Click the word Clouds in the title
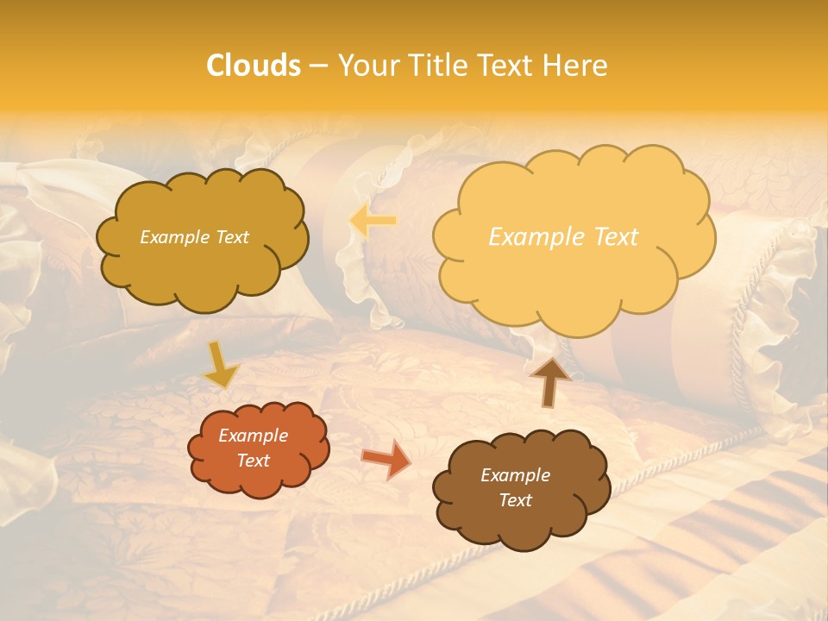click(254, 66)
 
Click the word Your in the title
click(368, 66)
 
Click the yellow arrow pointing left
click(373, 221)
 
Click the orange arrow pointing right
click(386, 460)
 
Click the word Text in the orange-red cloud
click(253, 461)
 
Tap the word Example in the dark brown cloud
click(515, 475)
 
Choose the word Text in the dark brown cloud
click(515, 500)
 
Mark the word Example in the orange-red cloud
click(253, 436)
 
